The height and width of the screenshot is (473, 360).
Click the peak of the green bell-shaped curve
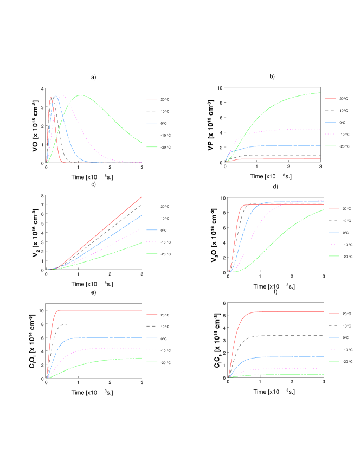coord(81,95)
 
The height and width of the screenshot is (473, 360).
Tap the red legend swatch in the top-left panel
coord(152,99)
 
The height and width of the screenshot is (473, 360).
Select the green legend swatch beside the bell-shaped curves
coord(152,147)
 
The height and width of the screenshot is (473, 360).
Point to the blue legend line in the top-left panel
coord(152,123)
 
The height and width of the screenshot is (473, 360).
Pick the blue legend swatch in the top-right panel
coord(330,122)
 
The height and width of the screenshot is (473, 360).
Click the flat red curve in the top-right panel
coord(282,159)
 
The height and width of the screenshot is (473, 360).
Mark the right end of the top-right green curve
coord(320,93)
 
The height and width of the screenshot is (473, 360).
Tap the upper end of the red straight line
coord(141,197)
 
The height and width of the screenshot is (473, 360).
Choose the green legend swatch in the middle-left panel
coord(152,254)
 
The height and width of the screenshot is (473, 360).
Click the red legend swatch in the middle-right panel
coord(334,208)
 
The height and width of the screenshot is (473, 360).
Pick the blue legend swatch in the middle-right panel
coord(334,232)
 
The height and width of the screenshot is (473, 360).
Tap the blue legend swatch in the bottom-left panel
coord(152,338)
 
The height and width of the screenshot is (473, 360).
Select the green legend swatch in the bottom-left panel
coord(152,362)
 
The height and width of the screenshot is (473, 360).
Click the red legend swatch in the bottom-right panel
coord(334,314)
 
